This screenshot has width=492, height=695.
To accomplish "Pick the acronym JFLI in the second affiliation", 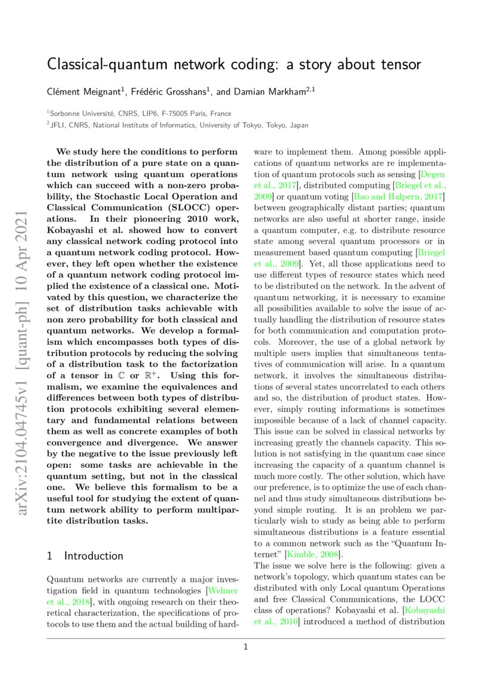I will (59, 125).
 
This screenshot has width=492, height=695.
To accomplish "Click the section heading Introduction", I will (93, 556).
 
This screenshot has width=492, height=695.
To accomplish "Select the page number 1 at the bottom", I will (245, 647).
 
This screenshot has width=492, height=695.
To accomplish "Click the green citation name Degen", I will (433, 174).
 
